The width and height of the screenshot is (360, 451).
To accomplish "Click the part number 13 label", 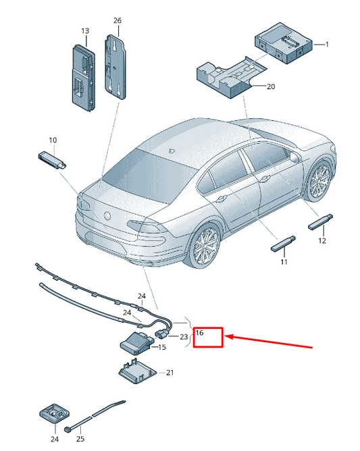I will pyautogui.click(x=85, y=31).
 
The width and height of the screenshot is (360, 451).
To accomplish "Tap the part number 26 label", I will pyautogui.click(x=117, y=21).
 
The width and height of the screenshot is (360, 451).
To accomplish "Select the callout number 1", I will pyautogui.click(x=326, y=45).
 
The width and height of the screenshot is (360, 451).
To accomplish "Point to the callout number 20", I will pyautogui.click(x=272, y=86).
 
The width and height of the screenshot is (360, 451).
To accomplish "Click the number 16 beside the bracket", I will pyautogui.click(x=199, y=333).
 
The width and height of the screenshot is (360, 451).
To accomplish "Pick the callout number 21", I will pyautogui.click(x=170, y=372).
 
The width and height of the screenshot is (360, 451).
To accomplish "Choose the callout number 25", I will pyautogui.click(x=80, y=439).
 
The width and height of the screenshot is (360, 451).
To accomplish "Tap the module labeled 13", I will pyautogui.click(x=83, y=72).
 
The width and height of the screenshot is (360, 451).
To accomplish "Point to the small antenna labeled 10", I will pyautogui.click(x=51, y=159).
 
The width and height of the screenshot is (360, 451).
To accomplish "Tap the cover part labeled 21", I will pyautogui.click(x=138, y=371).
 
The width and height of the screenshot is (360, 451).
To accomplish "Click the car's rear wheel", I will pyautogui.click(x=205, y=249).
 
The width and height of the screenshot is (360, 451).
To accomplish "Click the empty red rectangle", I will pyautogui.click(x=208, y=338).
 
